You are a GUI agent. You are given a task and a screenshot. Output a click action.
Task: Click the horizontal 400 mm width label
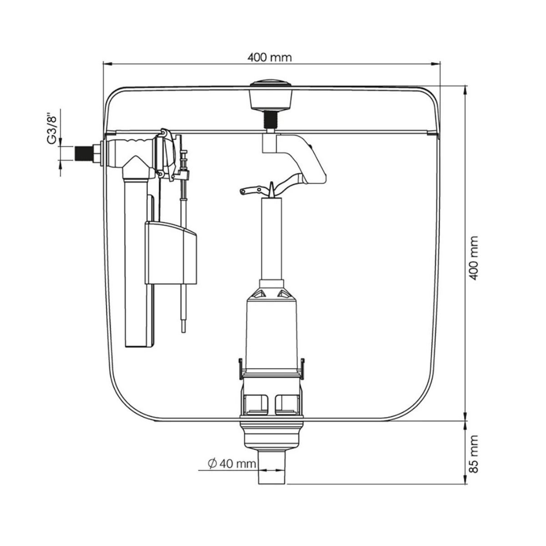pyautogui.click(x=269, y=57)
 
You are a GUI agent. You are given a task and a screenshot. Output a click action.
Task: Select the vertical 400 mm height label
pyautogui.click(x=474, y=258)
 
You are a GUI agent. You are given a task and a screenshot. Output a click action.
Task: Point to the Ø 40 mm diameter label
pyautogui.click(x=232, y=464)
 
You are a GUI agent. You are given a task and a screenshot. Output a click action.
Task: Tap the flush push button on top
pyautogui.click(x=271, y=94)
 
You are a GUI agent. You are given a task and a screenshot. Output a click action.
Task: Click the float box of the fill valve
pyautogui.click(x=171, y=253)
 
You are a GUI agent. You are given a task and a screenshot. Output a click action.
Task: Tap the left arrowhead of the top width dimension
pyautogui.click(x=106, y=64)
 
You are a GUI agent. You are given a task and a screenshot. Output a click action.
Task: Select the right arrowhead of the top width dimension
pyautogui.click(x=436, y=64)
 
